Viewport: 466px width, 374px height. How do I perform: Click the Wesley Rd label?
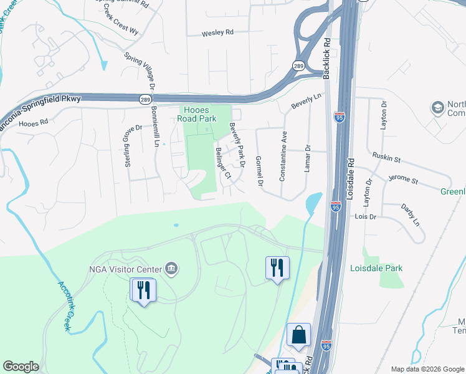[x=217, y=34]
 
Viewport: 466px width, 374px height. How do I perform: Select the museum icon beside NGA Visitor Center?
[x=171, y=269]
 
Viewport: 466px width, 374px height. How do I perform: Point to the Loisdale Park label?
[x=393, y=269]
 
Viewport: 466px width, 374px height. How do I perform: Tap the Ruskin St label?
[x=386, y=158]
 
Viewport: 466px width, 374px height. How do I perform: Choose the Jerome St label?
[x=403, y=180]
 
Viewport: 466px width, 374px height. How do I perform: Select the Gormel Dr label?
[x=259, y=171]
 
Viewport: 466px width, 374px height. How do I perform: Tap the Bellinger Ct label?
[x=223, y=163]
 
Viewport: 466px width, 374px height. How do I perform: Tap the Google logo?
[x=21, y=367]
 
